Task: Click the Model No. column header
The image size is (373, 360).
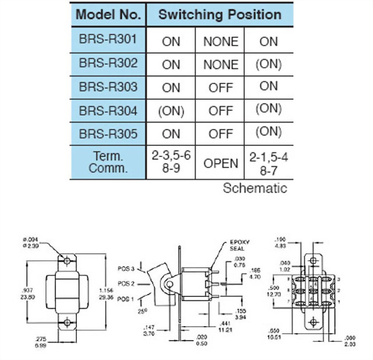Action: (x=108, y=14)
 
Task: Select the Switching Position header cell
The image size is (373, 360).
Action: (x=220, y=14)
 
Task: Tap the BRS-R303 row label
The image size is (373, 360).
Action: (x=108, y=87)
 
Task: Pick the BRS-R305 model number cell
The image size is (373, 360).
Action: (x=108, y=134)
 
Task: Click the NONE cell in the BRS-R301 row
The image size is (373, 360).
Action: (x=220, y=41)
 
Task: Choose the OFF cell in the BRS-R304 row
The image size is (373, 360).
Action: (x=220, y=110)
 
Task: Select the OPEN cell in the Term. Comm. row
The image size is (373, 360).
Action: (x=220, y=162)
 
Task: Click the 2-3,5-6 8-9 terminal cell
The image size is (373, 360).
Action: (x=171, y=162)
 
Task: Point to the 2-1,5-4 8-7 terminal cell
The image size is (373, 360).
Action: (x=269, y=162)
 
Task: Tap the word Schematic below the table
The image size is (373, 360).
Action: (x=255, y=188)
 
